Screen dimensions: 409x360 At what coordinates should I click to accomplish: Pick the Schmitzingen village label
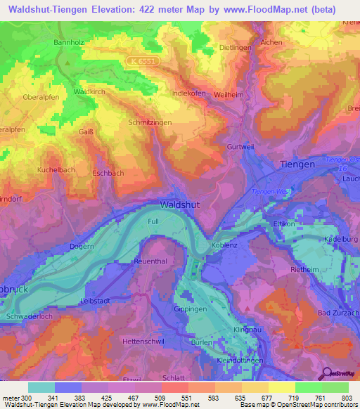(150, 122)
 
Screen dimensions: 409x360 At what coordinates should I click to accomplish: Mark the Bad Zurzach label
(338, 312)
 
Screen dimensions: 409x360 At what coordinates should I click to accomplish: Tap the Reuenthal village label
(151, 261)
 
